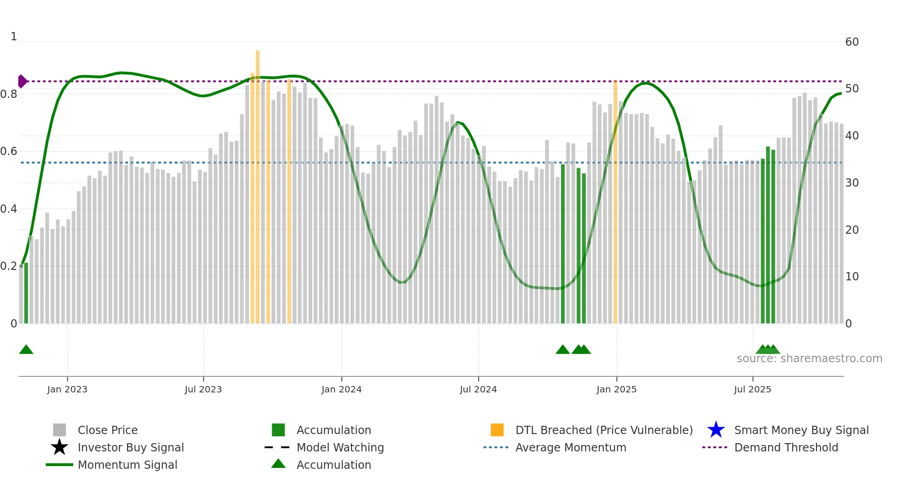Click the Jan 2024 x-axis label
(x=341, y=389)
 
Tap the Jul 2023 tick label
(x=203, y=389)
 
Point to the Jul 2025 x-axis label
(x=752, y=389)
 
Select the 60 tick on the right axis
(x=852, y=42)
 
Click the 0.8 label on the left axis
(x=9, y=94)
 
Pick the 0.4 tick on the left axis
(x=9, y=209)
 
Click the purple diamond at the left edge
(x=22, y=81)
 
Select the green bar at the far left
(x=26, y=293)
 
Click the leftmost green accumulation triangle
(x=26, y=350)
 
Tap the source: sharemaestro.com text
(x=809, y=359)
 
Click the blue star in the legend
(x=716, y=430)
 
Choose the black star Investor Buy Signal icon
(x=59, y=447)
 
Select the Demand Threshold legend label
(x=786, y=447)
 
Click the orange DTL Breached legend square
(x=497, y=430)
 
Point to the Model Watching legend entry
(x=340, y=447)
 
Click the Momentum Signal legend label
(x=127, y=465)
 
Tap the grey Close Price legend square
(x=59, y=430)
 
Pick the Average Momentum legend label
(x=571, y=447)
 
